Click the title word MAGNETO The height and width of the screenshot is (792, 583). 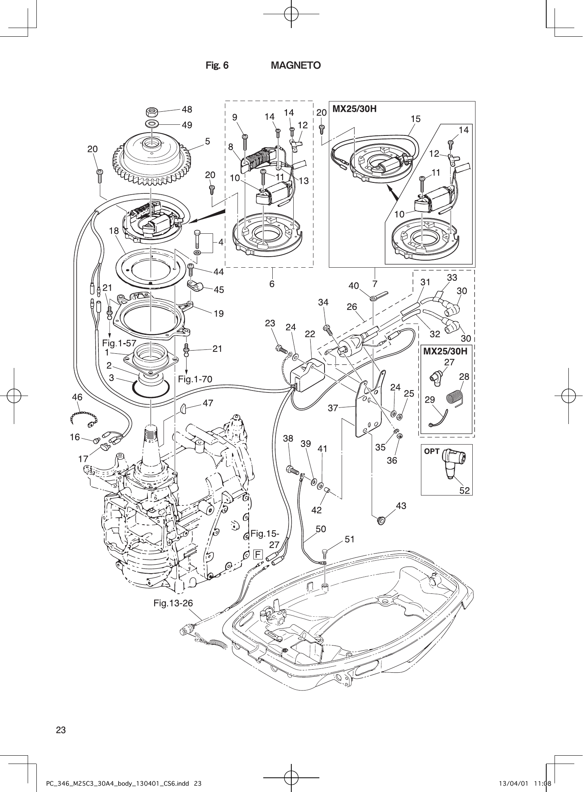(295, 65)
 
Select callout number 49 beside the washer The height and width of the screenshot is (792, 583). (187, 125)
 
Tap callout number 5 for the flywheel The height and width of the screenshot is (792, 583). (207, 141)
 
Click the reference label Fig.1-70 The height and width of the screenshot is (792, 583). (195, 379)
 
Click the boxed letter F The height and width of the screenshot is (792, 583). (258, 554)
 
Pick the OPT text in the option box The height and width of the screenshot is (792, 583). (432, 451)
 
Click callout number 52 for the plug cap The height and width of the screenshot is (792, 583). (465, 490)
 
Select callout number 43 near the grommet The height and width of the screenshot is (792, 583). (401, 506)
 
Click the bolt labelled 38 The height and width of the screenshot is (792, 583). (292, 470)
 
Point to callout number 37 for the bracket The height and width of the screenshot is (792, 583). (333, 408)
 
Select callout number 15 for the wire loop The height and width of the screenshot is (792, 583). (415, 119)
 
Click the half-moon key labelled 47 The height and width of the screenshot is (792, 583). (183, 409)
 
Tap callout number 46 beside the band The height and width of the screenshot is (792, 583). (77, 398)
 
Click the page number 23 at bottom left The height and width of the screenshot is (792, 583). (61, 730)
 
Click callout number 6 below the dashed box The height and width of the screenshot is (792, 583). (272, 283)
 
